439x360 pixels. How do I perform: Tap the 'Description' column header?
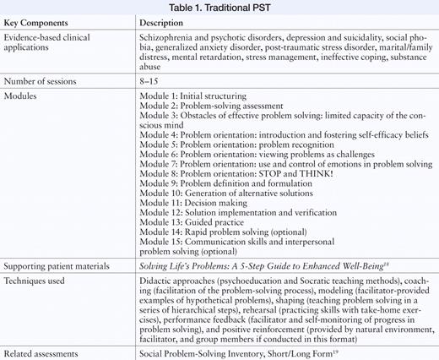pyautogui.click(x=165, y=22)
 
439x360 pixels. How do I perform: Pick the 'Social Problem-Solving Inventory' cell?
pyautogui.click(x=211, y=351)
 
